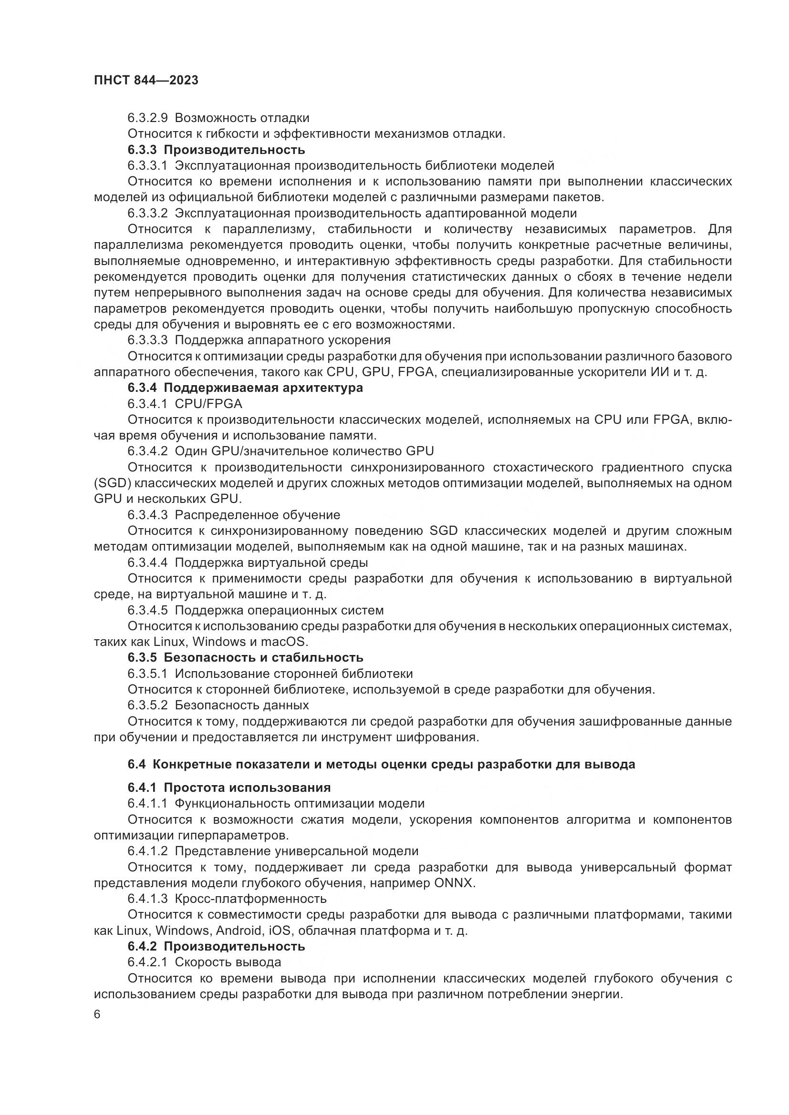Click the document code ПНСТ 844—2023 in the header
click(146, 81)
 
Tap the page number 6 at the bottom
click(97, 1014)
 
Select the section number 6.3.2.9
click(148, 118)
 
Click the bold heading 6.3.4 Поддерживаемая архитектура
click(245, 388)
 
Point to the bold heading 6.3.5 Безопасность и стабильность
click(245, 657)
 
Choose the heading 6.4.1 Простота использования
click(229, 787)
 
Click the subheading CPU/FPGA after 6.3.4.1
click(208, 404)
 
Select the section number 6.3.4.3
click(148, 515)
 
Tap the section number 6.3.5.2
click(148, 705)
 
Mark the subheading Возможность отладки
click(242, 118)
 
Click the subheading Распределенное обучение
click(258, 515)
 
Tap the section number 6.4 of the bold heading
click(136, 764)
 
